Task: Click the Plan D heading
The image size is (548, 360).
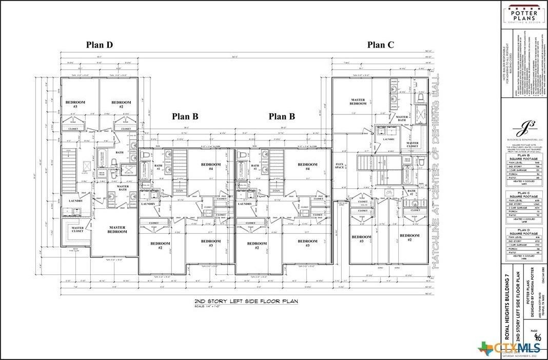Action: tap(99, 45)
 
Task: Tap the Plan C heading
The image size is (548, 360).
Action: tap(380, 45)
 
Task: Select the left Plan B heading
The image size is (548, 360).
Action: tap(185, 116)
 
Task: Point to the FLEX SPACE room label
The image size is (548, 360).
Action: tap(340, 166)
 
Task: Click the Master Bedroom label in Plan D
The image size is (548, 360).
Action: tap(117, 229)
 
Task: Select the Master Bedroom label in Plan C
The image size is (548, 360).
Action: tap(358, 102)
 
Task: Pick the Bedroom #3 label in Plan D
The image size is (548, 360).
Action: tap(75, 104)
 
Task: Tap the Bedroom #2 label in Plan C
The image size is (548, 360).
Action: tap(409, 237)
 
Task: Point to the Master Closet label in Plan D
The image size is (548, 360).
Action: tap(77, 230)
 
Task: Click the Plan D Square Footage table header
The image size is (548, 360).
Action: tap(524, 233)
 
